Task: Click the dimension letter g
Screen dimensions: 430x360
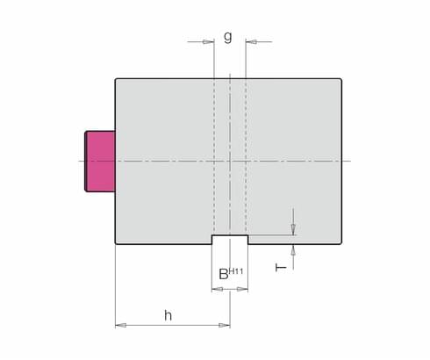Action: [228, 37]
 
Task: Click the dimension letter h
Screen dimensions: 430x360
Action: [168, 315]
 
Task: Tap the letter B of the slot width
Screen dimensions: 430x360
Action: [224, 274]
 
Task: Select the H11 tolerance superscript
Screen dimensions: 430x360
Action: [236, 271]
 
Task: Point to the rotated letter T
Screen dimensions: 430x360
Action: [281, 268]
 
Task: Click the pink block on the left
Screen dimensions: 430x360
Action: [100, 162]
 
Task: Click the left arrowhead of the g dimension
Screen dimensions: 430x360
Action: [209, 42]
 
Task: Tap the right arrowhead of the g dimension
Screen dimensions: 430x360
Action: [251, 42]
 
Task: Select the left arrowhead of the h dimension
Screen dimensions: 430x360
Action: [121, 325]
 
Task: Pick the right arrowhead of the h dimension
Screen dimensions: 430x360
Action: [225, 325]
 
